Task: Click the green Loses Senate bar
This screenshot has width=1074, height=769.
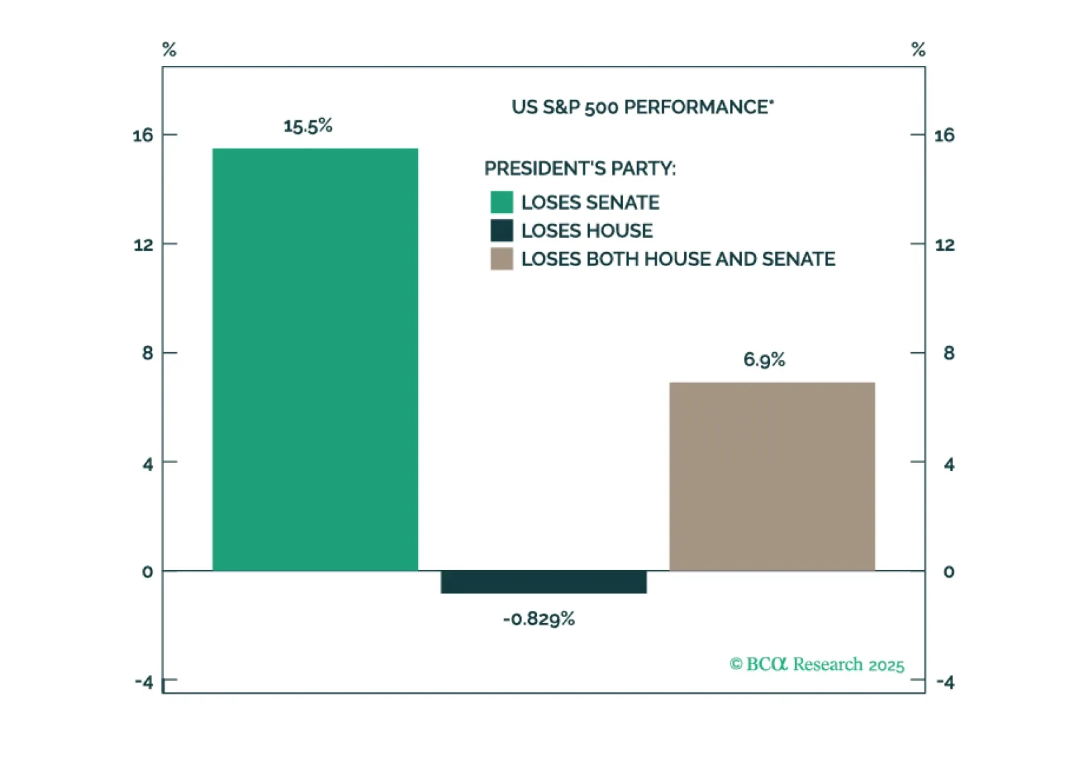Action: click(x=315, y=360)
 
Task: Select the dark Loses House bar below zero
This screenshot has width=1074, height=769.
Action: click(x=543, y=582)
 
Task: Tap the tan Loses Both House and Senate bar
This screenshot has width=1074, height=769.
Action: click(x=772, y=477)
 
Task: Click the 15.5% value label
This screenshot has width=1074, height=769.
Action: click(x=308, y=126)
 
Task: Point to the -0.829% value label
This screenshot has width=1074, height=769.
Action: click(x=539, y=619)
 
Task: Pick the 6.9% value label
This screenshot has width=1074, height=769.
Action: click(x=764, y=360)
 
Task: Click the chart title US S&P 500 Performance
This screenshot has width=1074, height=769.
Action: click(x=643, y=108)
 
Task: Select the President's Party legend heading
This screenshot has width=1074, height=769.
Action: click(x=580, y=169)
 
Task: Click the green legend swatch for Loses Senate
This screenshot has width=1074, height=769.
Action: click(x=501, y=202)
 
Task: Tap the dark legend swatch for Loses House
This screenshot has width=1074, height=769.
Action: click(x=501, y=231)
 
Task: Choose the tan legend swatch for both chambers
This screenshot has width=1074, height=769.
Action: click(x=501, y=259)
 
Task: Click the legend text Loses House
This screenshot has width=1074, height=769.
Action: click(x=587, y=231)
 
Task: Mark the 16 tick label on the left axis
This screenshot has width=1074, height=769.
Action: click(x=142, y=136)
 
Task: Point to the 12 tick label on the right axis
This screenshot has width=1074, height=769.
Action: click(x=944, y=245)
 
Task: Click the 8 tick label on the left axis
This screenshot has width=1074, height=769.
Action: click(x=147, y=354)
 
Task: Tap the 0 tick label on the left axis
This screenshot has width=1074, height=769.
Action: click(x=147, y=572)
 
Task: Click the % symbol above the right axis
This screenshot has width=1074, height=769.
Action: click(x=918, y=50)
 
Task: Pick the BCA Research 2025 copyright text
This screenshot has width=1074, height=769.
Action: click(x=817, y=665)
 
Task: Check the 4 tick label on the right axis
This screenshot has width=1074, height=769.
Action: click(x=948, y=464)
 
